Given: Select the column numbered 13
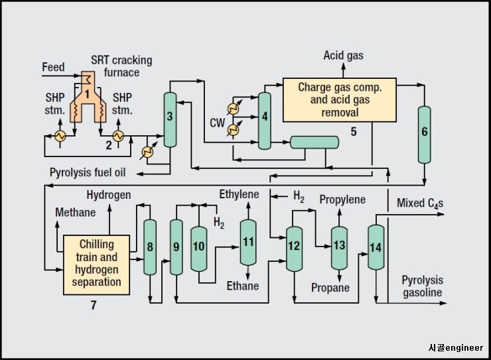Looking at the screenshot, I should pos(340,246).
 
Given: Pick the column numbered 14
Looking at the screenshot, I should pos(376,247).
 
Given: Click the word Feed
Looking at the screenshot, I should pos(53,68).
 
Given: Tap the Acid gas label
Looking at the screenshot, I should pos(343,56).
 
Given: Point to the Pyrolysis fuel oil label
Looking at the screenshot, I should pos(88,172).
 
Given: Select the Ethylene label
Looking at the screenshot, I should pos(240,194).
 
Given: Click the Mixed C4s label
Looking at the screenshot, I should pos(419,203).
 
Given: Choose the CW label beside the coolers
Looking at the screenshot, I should pos(217,123).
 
